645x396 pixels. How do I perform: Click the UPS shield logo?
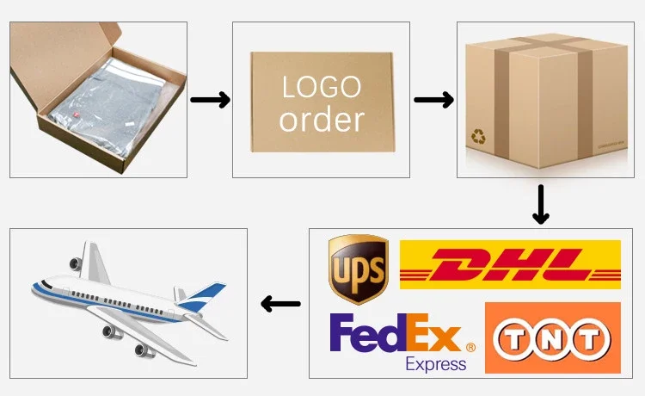pos(359,269)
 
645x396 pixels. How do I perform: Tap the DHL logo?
pos(510,264)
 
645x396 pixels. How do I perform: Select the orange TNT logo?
pos(553,337)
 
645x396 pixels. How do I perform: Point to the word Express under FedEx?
pos(436,363)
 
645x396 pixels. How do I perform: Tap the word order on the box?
pos(322,120)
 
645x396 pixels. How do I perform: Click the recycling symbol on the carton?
pos(477,136)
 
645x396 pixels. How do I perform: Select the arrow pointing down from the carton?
pos(540,204)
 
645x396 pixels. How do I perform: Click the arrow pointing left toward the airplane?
pos(280,304)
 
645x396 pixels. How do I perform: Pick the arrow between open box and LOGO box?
pos(210,101)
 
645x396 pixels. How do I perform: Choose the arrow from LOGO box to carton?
pos(433,101)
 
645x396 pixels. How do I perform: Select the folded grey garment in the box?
pos(107,108)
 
